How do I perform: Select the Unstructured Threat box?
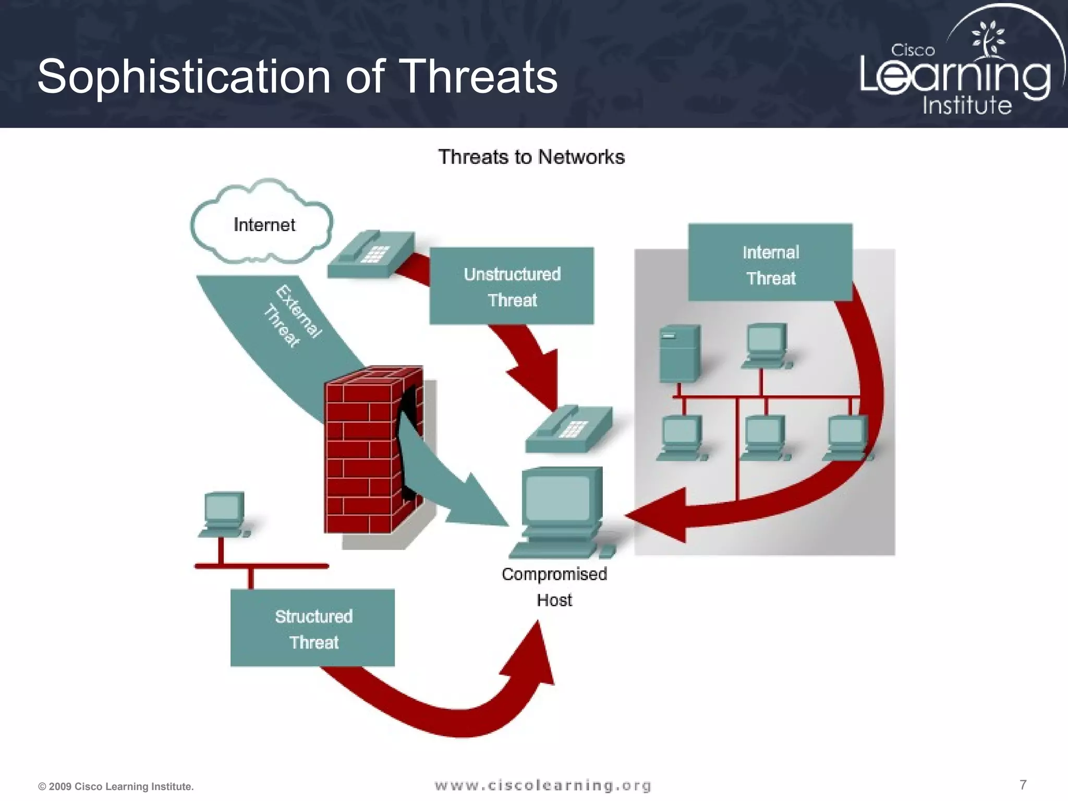(512, 286)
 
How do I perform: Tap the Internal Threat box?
(770, 262)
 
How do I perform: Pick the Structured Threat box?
(313, 628)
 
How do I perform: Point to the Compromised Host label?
(554, 587)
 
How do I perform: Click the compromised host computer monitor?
(559, 498)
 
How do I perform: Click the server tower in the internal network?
(679, 353)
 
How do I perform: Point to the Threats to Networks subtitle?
(531, 157)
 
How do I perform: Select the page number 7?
(1023, 784)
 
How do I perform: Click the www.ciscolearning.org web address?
(543, 785)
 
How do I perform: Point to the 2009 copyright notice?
(116, 786)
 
